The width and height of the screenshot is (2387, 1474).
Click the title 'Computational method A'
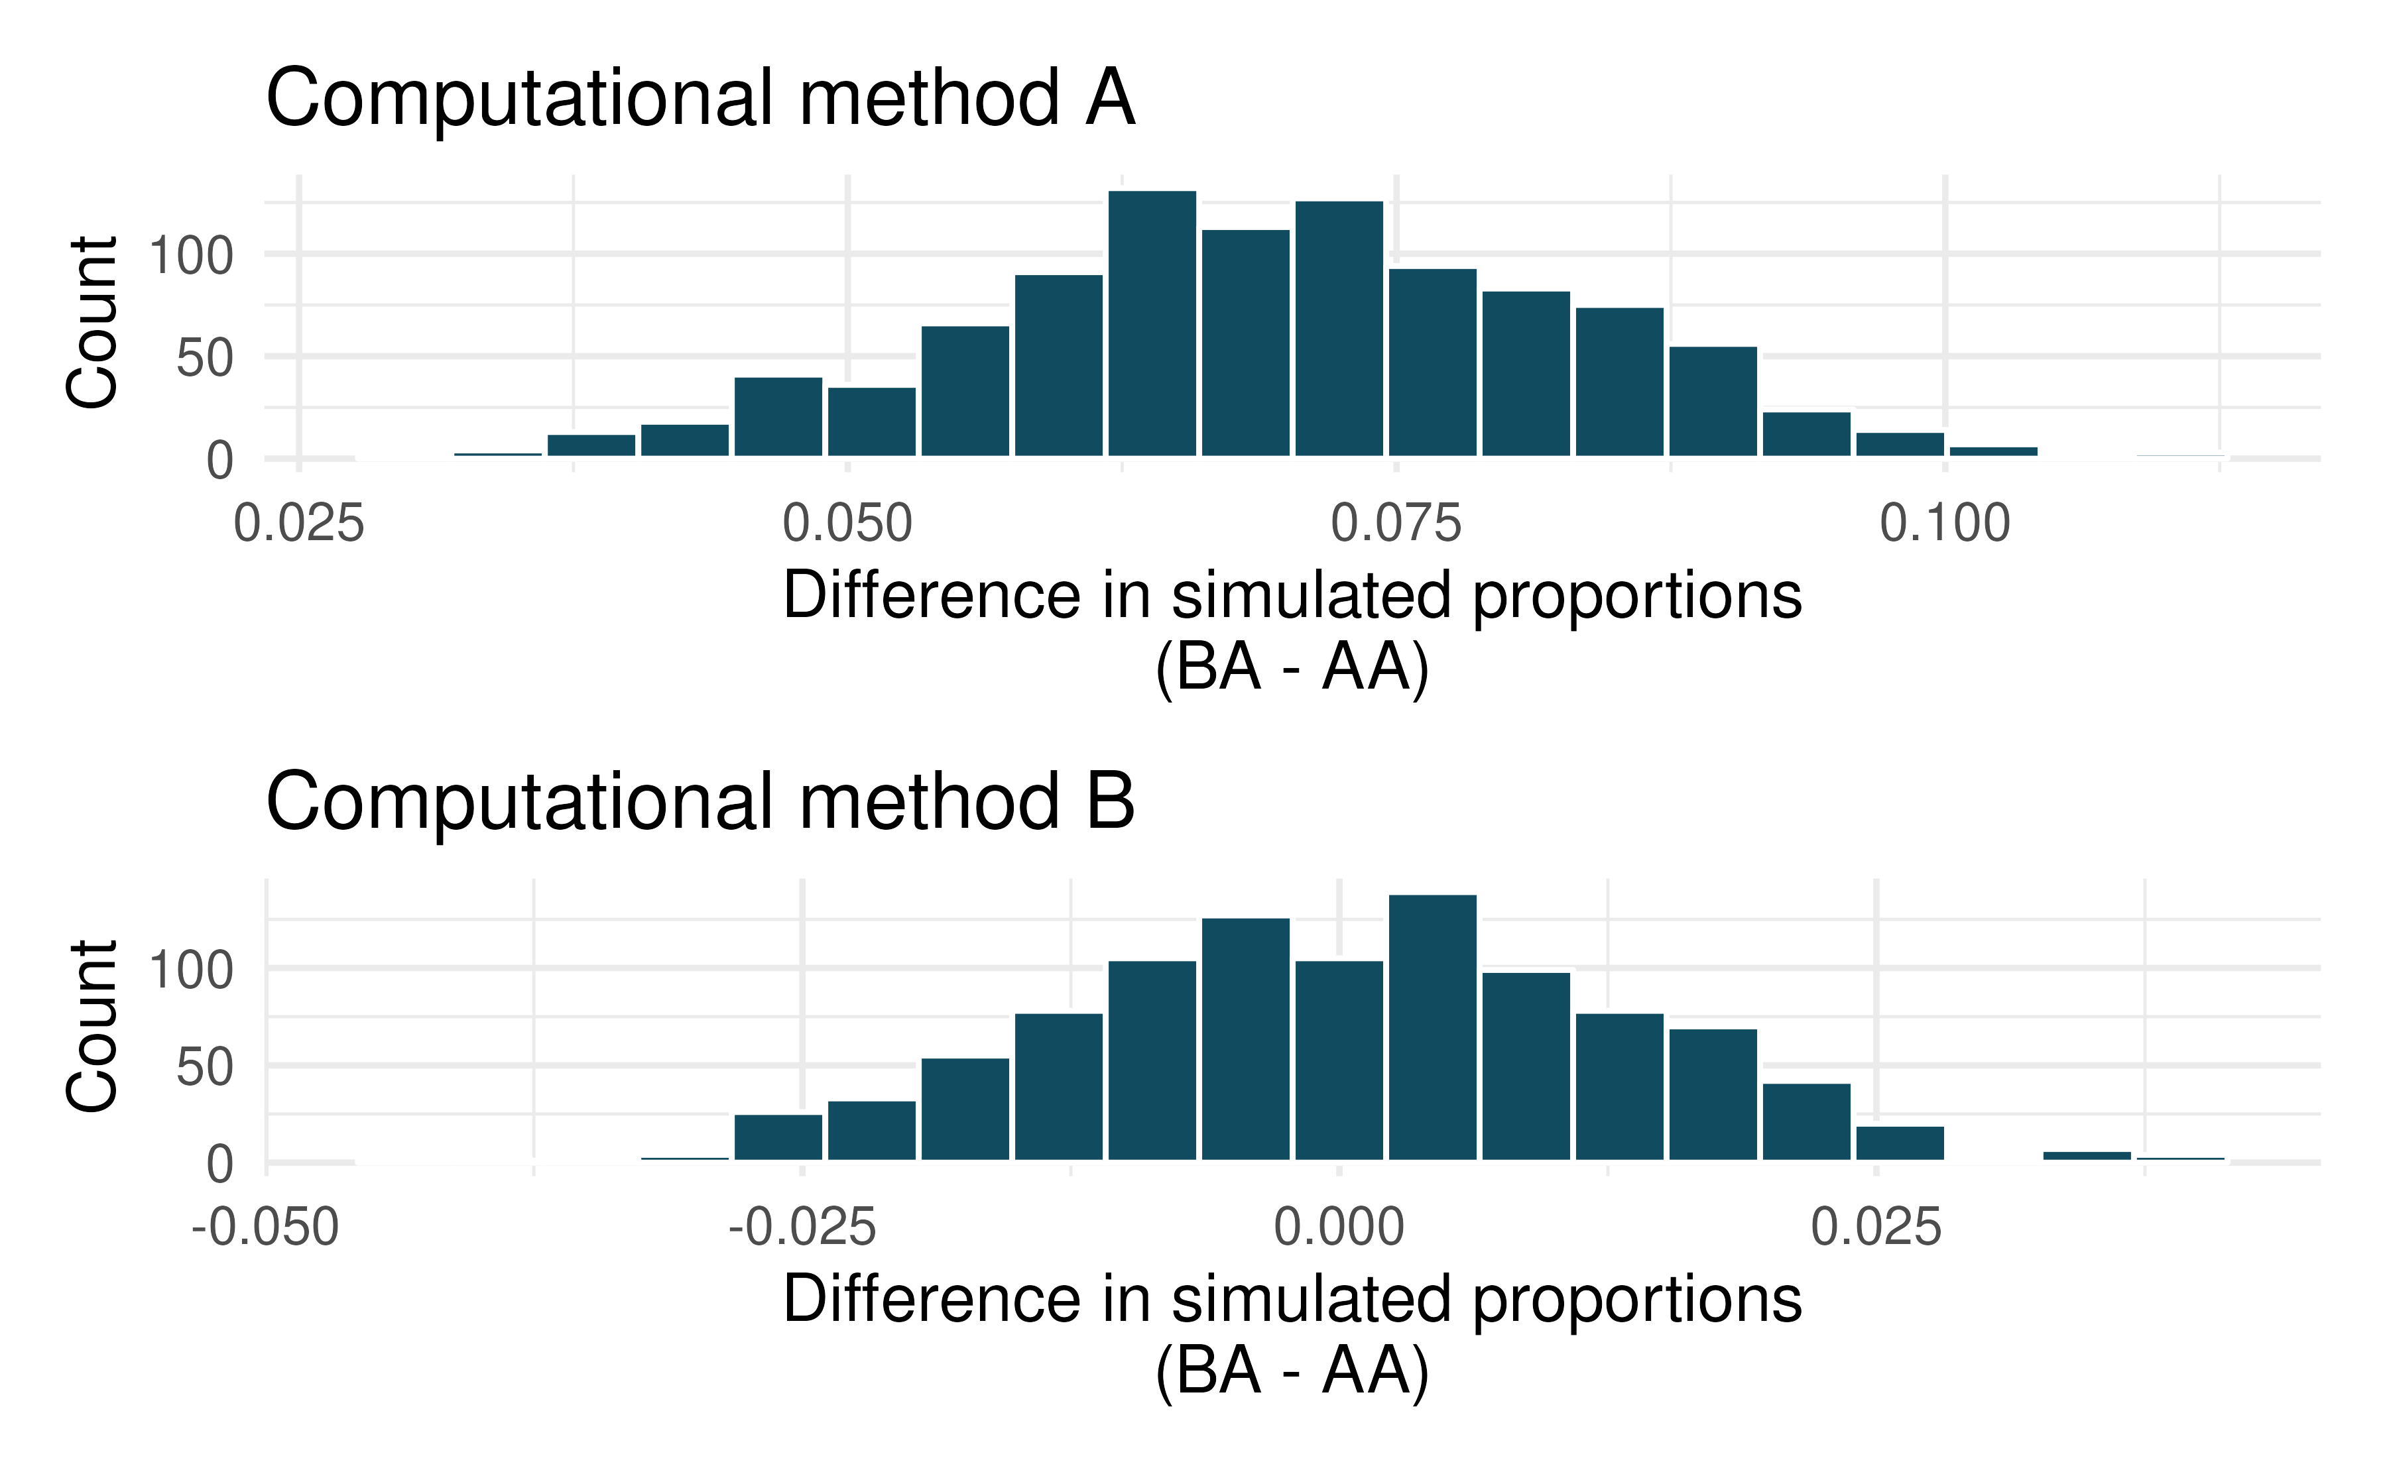coord(700,99)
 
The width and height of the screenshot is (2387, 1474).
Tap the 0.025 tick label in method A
coord(298,524)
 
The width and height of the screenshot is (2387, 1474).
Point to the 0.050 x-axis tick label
coord(847,524)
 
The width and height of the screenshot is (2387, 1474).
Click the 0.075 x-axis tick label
coord(1396,524)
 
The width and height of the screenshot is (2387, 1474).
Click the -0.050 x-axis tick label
coord(265,1227)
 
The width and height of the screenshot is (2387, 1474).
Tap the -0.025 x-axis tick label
coord(802,1227)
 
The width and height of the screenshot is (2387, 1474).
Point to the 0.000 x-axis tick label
coord(1339,1227)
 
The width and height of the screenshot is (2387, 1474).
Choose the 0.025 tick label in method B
coord(1876,1227)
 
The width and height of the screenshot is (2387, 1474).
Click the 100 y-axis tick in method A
coord(191,256)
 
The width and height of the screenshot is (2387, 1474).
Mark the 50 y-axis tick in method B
coord(205,1068)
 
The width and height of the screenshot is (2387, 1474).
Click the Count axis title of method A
coord(93,321)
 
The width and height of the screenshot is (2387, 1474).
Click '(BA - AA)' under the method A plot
coord(1292,668)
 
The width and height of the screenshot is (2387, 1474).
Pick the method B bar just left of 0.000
coord(1245,1039)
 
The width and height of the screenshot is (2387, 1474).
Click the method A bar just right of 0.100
coord(1993,451)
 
